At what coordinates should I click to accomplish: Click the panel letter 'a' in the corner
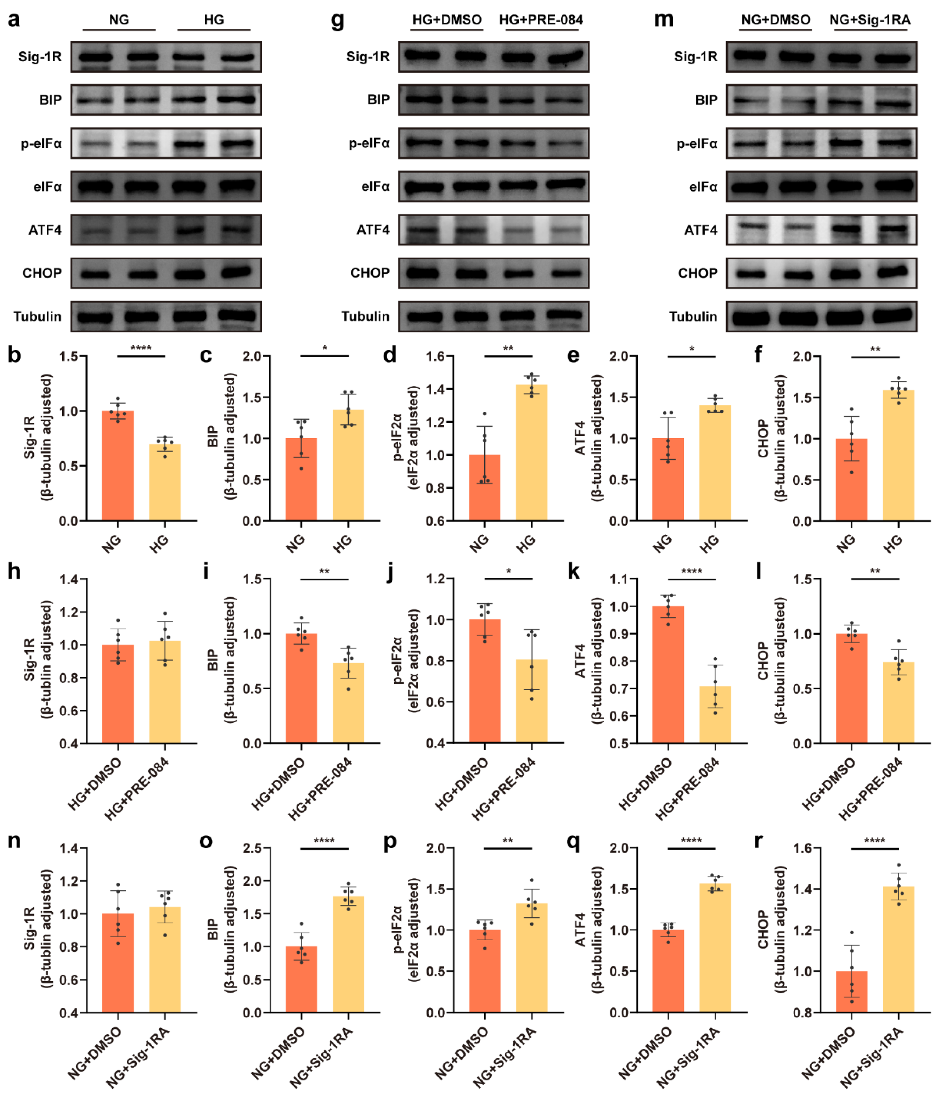pos(14,20)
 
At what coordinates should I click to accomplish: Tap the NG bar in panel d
pos(484,487)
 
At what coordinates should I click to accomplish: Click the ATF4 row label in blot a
pos(45,230)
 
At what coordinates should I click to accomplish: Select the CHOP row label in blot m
pos(697,273)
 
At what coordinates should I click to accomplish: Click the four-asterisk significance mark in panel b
pos(141,348)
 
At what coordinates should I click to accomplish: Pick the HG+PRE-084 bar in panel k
pos(715,714)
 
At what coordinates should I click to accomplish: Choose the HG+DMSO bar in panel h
pos(117,694)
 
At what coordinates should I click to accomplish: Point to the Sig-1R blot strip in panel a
pos(166,57)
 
